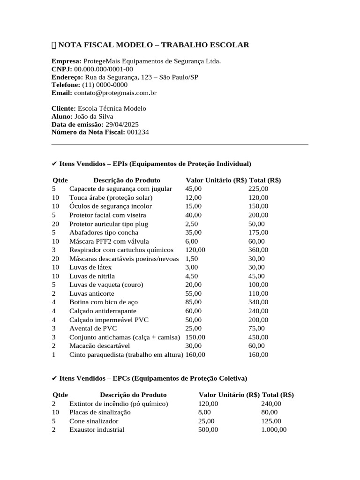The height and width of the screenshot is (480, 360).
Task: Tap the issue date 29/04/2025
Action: click(122, 124)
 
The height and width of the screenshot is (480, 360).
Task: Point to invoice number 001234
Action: click(138, 132)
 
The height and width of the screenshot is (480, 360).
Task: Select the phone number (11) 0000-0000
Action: click(105, 85)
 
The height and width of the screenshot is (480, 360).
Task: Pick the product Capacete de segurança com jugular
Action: click(120, 189)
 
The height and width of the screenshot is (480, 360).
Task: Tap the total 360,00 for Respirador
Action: click(258, 250)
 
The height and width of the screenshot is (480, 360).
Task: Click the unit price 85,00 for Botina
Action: click(194, 302)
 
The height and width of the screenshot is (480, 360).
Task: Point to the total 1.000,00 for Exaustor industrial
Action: click(274, 429)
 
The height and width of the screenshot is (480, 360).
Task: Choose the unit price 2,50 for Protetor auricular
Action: click(192, 224)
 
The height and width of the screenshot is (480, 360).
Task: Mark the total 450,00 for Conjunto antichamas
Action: click(258, 337)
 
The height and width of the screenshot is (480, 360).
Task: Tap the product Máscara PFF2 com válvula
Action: click(109, 241)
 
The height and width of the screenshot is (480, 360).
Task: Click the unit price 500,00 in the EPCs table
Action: click(208, 429)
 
